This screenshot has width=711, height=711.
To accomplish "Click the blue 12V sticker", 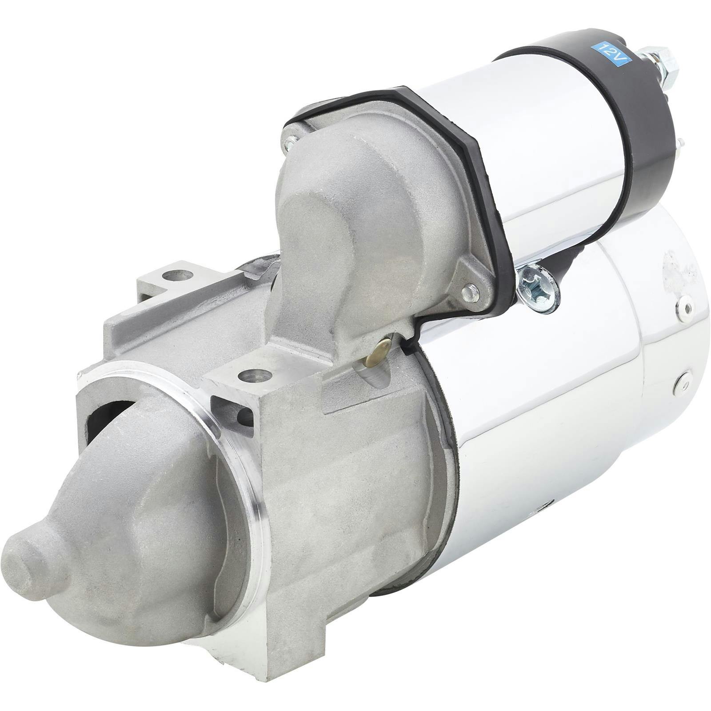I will pyautogui.click(x=613, y=51).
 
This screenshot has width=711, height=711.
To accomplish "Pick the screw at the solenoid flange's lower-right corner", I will pyautogui.click(x=471, y=292).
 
